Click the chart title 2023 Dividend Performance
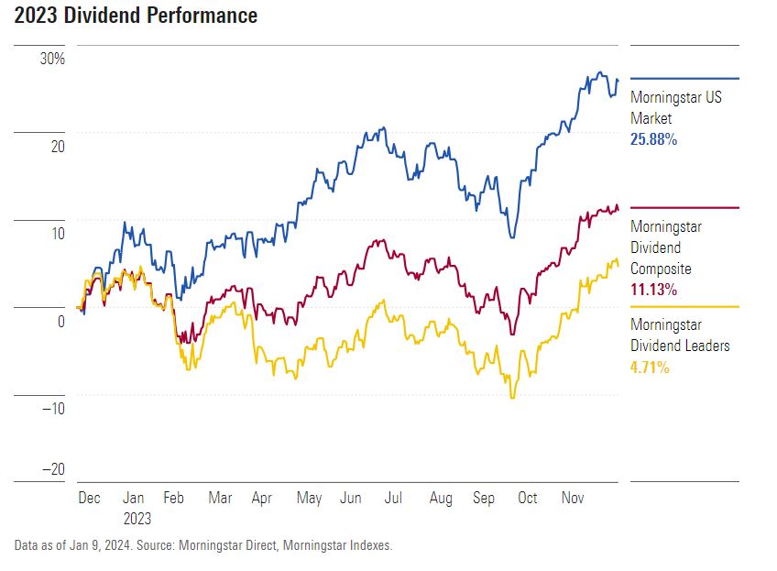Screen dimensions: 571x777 coord(136,16)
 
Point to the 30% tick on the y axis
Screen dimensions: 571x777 coord(52,60)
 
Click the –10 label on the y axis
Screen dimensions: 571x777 coord(51,409)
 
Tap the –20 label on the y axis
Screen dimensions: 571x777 coord(51,469)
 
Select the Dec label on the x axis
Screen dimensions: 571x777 coord(89,498)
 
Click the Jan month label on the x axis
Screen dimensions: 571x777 coord(134,498)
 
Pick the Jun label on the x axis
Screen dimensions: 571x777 coord(351,498)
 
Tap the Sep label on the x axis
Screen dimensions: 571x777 coord(484,498)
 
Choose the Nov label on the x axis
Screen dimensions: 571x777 coord(573,498)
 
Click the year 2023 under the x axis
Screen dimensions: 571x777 coord(137,518)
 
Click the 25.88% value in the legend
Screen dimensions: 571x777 coord(653,139)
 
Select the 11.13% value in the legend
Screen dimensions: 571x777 coord(653,290)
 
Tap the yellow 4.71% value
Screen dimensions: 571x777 coord(650,368)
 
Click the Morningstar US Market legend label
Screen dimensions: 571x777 coord(675,108)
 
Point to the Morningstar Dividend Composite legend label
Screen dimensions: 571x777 coord(664,247)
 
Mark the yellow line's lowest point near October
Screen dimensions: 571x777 coord(513,398)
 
